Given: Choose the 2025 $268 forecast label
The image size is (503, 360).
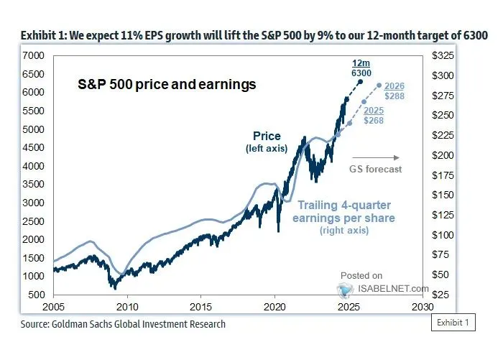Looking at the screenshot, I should point(372,115).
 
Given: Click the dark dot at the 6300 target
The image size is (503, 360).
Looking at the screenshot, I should point(359,72).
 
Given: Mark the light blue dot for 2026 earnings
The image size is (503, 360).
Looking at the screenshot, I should point(379,86).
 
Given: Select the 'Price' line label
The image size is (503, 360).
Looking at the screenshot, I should point(267,137).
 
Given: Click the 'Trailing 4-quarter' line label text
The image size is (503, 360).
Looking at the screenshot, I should point(347,205).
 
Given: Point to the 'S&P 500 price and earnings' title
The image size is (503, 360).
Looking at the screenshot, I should point(166,85).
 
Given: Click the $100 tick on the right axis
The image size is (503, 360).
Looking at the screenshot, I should point(440,235).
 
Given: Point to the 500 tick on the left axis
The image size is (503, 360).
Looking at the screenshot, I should point(37,295).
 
